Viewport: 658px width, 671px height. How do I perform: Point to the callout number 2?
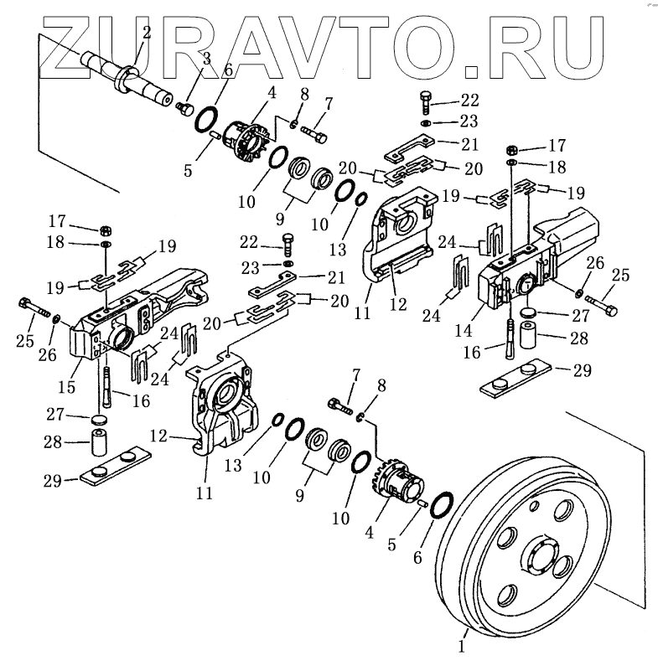[147, 33]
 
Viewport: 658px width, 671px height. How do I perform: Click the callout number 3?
[205, 57]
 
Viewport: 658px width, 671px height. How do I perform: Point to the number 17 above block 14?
[556, 143]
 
